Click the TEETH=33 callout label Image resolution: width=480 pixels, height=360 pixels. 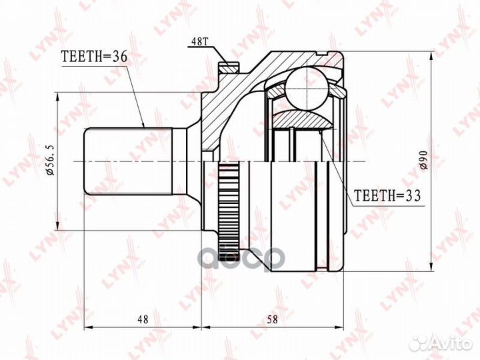click(387, 197)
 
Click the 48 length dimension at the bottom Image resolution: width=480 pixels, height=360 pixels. click(143, 319)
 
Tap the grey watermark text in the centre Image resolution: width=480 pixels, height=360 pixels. click(243, 257)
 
